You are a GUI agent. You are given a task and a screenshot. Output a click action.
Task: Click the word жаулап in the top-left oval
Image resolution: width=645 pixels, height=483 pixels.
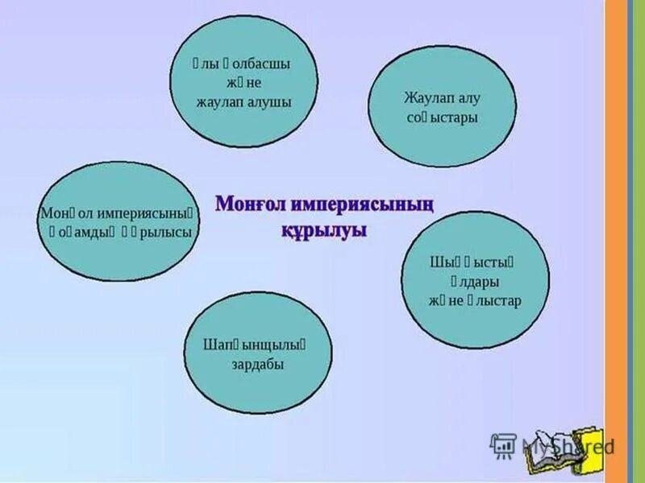click(219, 102)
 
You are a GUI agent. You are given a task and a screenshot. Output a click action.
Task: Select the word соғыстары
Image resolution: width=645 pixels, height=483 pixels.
click(443, 118)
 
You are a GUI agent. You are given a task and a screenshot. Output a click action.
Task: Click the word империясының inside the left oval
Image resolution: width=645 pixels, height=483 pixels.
click(148, 213)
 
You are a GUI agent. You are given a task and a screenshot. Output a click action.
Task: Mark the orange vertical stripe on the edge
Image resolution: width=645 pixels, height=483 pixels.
click(617, 242)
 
